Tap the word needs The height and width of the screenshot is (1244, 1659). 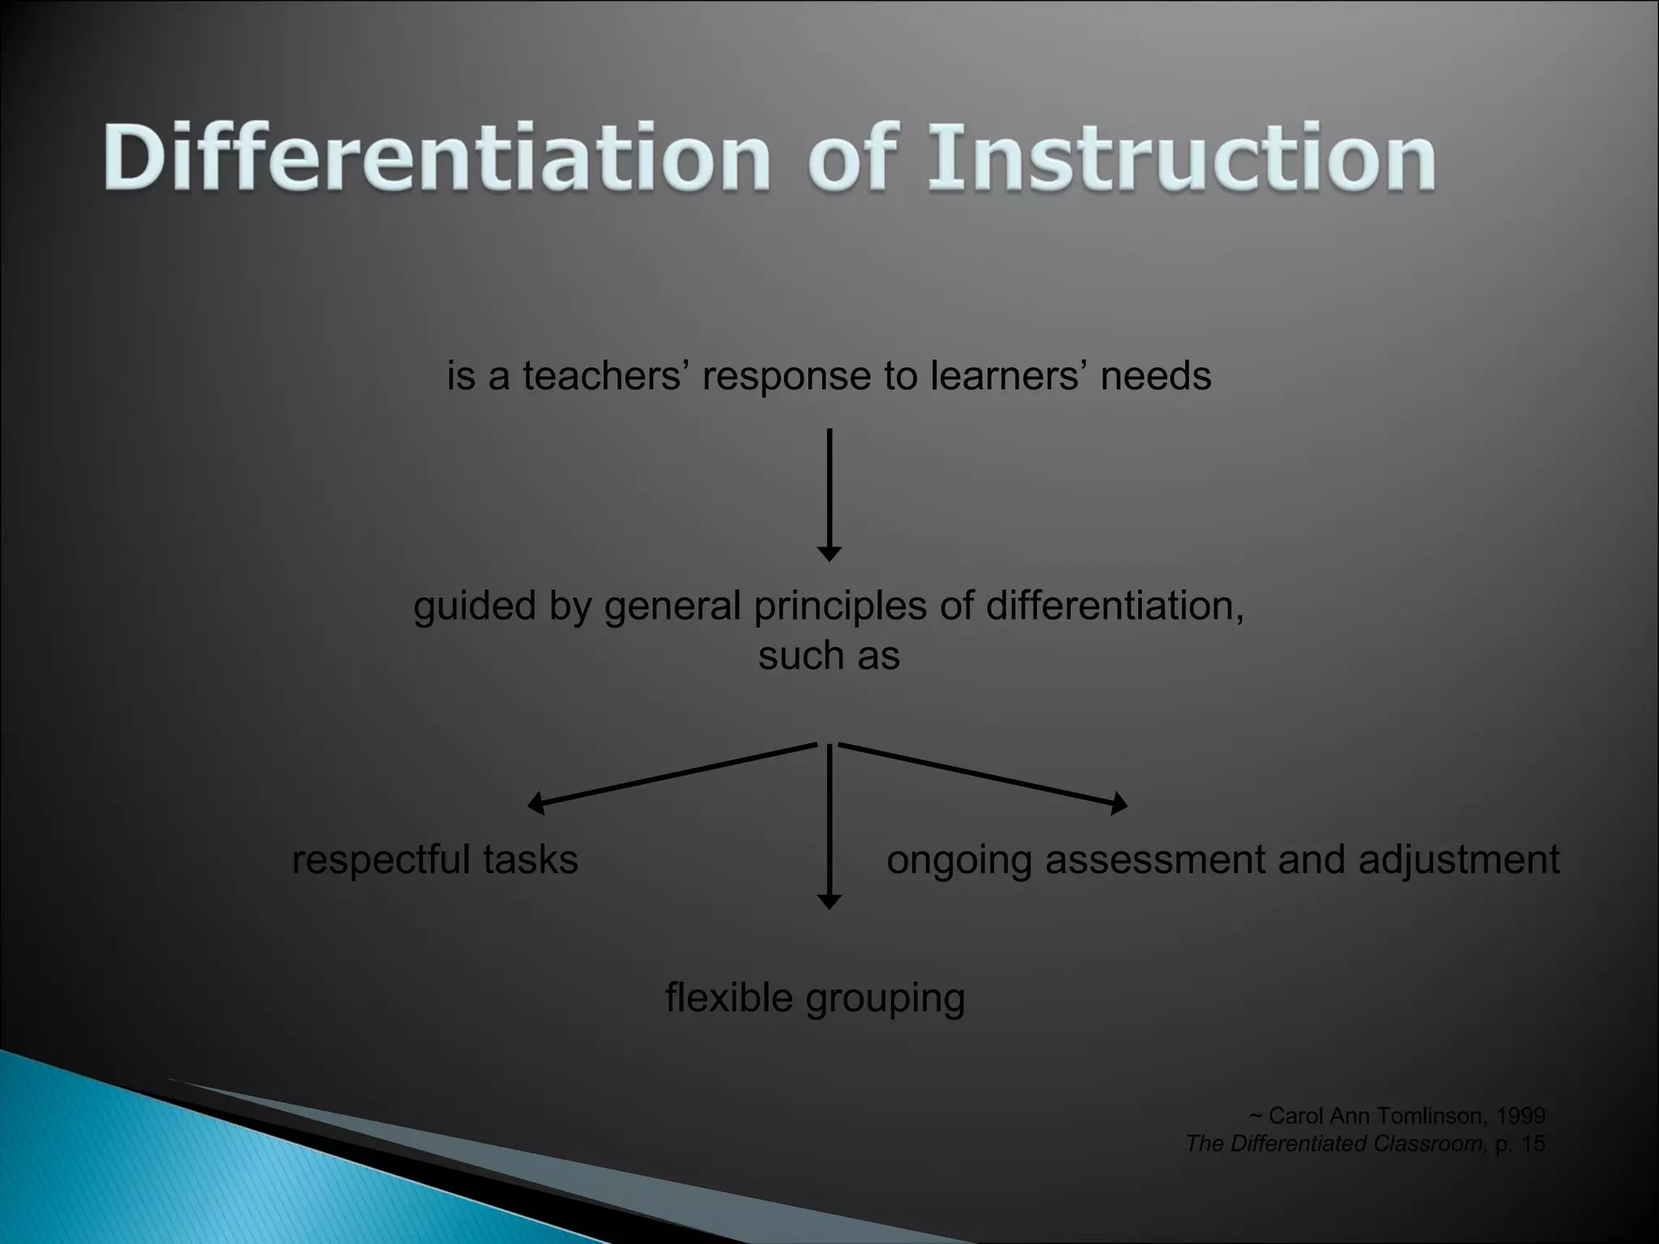coord(1156,377)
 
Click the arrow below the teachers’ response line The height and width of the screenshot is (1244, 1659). coord(829,494)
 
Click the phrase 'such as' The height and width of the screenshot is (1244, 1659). coord(829,655)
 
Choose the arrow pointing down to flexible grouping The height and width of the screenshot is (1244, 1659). coord(829,826)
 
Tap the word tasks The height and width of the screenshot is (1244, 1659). coord(531,860)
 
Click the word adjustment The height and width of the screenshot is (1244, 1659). coord(1459,860)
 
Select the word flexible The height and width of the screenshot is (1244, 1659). coord(728,998)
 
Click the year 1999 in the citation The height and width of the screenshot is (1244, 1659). coord(1520,1116)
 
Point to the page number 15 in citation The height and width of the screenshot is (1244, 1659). coord(1533,1144)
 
